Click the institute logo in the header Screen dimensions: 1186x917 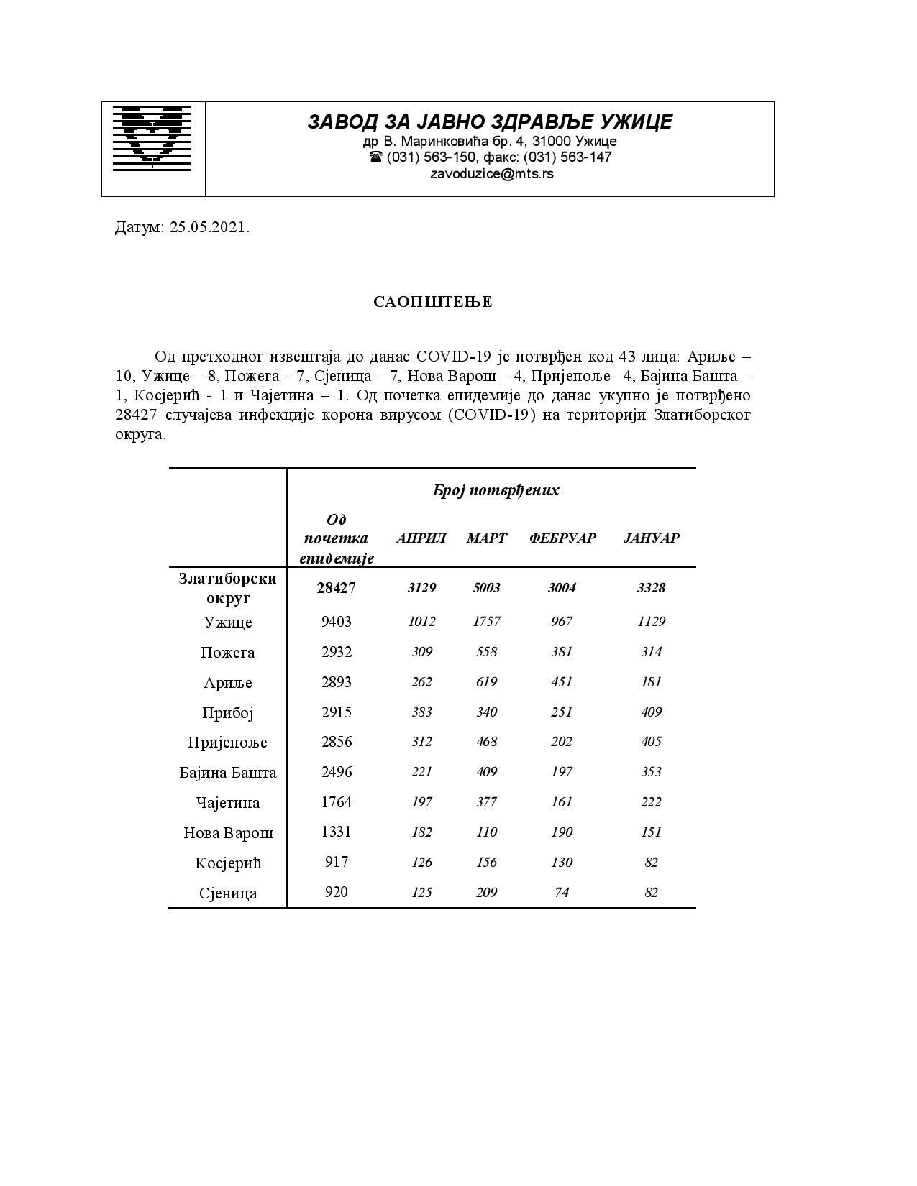coord(152,137)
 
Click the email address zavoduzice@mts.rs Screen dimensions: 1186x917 coord(491,173)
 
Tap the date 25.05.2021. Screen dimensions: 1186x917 coord(210,228)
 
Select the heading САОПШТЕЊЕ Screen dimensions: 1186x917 coord(433,302)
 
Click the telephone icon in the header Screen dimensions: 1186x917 coord(375,157)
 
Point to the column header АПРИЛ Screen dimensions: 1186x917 coord(421,538)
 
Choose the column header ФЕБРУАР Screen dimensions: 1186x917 coord(562,538)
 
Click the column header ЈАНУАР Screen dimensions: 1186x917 coord(651,538)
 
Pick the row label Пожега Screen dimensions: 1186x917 coord(228,653)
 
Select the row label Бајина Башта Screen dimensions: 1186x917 coord(228,773)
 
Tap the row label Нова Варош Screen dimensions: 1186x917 coord(228,833)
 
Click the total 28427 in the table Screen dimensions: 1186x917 coord(337,588)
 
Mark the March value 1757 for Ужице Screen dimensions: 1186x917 coord(487,622)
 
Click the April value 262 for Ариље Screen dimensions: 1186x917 coord(421,682)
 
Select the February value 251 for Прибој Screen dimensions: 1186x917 coord(562,712)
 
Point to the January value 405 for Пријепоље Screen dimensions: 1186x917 coord(651,742)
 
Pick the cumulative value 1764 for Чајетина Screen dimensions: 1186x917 coord(337,802)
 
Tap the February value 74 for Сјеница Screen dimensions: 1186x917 coord(562,893)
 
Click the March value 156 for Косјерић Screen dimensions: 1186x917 coord(487,863)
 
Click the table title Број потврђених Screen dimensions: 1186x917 coord(496,491)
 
